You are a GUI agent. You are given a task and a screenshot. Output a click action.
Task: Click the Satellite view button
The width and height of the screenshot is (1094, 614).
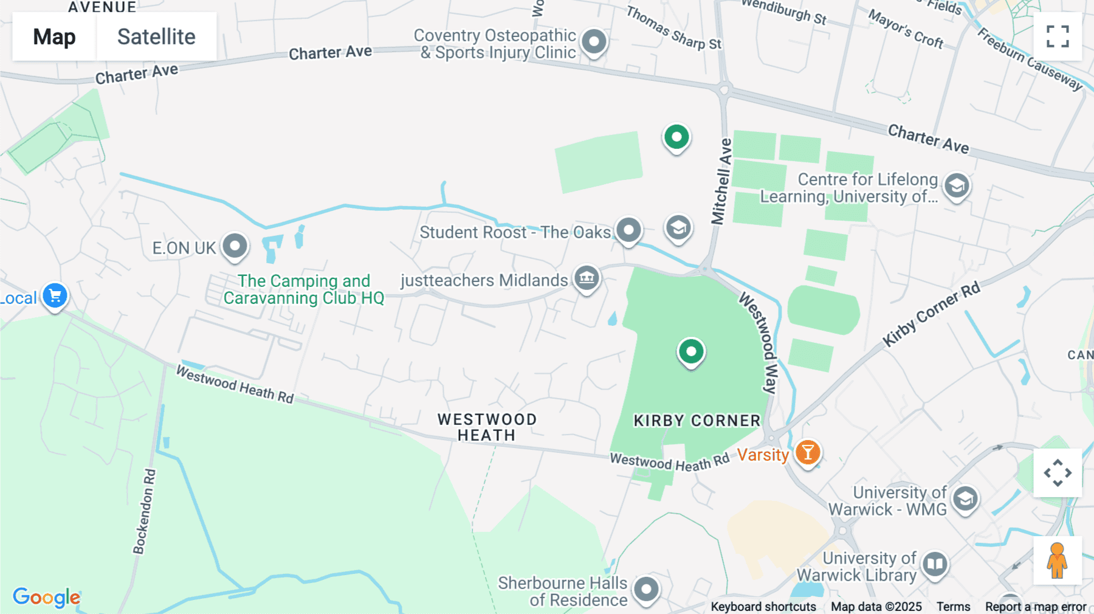click(x=156, y=36)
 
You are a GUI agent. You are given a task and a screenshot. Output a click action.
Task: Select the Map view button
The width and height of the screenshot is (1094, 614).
click(x=54, y=36)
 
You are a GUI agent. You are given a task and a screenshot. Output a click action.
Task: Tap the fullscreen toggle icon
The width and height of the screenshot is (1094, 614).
click(x=1058, y=36)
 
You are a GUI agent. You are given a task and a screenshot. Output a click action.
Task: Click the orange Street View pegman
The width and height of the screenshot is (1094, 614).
click(x=1057, y=561)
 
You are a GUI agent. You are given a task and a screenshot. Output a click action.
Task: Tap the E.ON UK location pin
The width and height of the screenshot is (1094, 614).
click(x=235, y=246)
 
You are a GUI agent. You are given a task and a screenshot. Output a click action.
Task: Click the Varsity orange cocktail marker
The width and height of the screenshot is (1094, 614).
click(x=808, y=453)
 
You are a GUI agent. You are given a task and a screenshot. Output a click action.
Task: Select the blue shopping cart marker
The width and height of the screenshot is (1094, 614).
click(x=55, y=296)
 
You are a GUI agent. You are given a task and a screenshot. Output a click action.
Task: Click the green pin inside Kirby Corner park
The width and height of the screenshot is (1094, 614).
click(x=691, y=351)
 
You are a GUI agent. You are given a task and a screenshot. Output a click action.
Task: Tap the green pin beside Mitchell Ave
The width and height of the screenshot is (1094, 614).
click(x=676, y=137)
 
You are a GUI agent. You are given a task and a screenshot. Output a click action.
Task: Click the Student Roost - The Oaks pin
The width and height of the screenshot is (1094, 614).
click(x=628, y=230)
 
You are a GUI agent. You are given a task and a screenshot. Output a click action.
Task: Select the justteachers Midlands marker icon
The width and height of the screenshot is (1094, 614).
click(x=587, y=278)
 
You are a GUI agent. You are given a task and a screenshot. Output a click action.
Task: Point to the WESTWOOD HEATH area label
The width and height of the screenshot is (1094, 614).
click(x=487, y=427)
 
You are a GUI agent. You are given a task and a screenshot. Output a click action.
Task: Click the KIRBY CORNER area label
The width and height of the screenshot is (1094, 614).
click(x=697, y=421)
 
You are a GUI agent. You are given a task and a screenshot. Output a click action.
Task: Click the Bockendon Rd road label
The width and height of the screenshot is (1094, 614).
click(x=144, y=511)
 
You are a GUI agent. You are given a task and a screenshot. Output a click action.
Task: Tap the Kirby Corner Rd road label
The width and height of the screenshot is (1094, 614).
click(x=931, y=314)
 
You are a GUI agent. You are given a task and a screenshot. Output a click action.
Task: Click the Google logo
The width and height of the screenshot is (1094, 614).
click(x=46, y=597)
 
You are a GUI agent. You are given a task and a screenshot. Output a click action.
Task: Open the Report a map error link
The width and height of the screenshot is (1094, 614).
click(x=1035, y=607)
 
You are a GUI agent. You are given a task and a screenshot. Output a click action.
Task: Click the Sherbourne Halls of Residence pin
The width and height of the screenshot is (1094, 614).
click(x=646, y=589)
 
